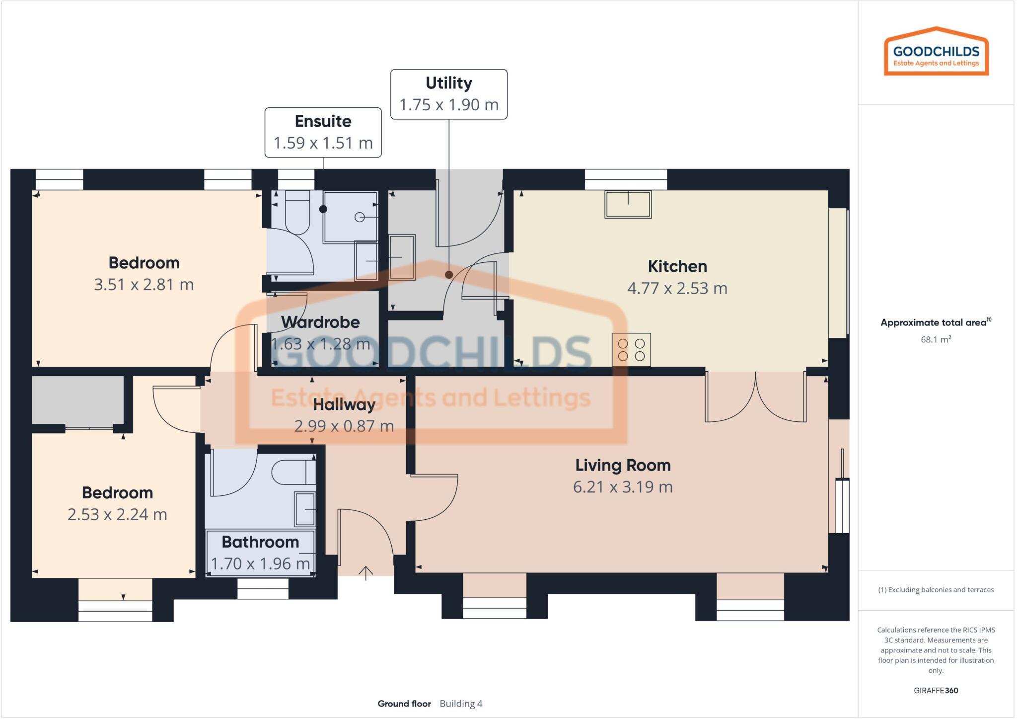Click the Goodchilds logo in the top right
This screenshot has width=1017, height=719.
pos(936,52)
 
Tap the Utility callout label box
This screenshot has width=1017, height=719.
pos(448,94)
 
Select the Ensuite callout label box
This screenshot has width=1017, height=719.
pos(323,132)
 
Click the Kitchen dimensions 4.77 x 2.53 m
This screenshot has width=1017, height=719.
pos(677,288)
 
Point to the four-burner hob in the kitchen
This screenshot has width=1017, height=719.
pos(631,349)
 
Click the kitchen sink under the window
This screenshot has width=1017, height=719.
pos(628,204)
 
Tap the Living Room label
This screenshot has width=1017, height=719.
pos(623,465)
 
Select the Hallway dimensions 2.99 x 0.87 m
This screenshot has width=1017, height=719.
pos(344,426)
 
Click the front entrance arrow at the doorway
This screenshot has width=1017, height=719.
pos(365,572)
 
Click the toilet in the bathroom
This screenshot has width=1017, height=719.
pos(293,473)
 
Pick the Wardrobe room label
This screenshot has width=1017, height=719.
pos(320,322)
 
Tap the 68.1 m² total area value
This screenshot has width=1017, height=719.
pos(936,339)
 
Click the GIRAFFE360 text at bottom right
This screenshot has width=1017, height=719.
pos(936,690)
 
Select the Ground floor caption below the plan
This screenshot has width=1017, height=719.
pos(404,704)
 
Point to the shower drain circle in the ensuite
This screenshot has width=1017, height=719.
pos(360,217)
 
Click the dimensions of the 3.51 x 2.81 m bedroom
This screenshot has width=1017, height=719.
pos(144,285)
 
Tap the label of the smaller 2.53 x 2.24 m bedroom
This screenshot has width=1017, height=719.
pos(117,492)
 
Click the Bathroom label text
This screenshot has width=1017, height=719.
pos(260,542)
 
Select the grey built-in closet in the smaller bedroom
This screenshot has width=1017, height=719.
pos(77,400)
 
